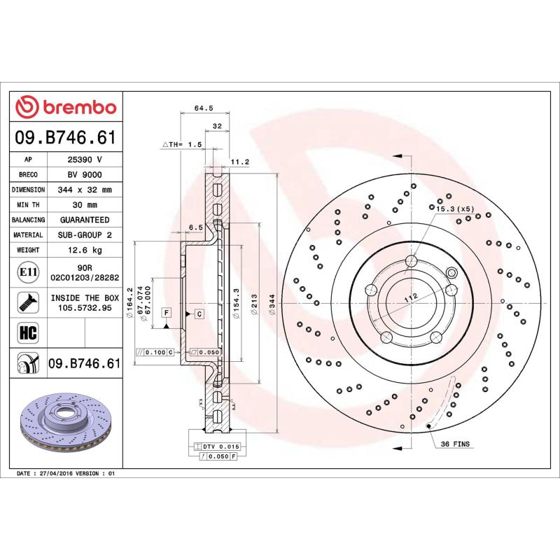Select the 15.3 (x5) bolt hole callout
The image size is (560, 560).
coord(455,209)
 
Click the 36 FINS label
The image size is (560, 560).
coord(454,444)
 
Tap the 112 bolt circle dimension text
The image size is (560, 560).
coord(411,297)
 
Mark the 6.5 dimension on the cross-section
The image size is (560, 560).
coord(195,227)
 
